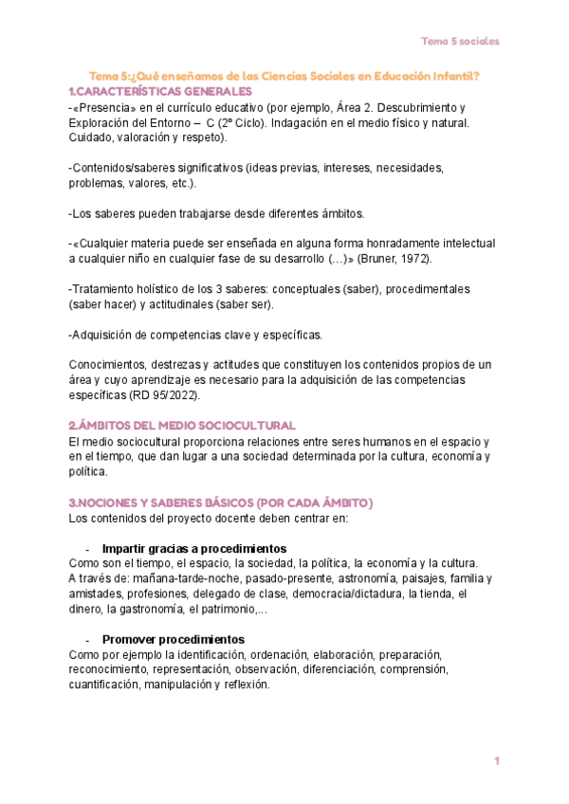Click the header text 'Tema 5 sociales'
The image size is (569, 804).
click(460, 41)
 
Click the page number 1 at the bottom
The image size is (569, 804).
click(496, 761)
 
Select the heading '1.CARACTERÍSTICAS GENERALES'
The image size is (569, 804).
click(160, 91)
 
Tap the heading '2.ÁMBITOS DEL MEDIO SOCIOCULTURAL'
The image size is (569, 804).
click(183, 426)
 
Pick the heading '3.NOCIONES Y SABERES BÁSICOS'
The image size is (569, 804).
click(221, 502)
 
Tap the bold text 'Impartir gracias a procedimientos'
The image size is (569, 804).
click(193, 549)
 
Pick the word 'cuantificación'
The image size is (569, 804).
click(103, 685)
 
